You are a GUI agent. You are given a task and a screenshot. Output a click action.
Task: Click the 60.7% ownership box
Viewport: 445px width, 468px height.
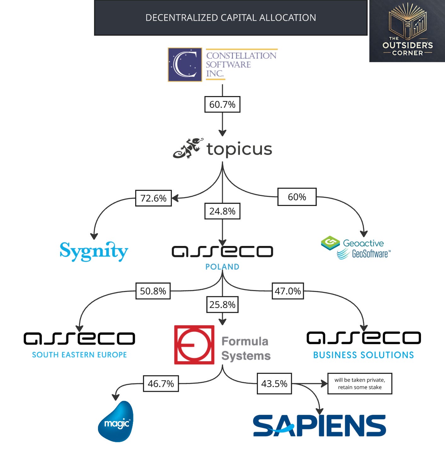pos(222,104)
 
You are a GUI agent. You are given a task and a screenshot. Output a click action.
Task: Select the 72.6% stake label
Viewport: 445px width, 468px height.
pos(153,198)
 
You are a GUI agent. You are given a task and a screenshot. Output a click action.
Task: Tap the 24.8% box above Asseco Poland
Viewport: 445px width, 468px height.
pos(222,211)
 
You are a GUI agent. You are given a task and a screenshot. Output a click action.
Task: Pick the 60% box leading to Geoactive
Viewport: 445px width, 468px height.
pos(297,197)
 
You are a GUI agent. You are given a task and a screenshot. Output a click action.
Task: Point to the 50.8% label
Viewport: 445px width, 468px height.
pos(153,291)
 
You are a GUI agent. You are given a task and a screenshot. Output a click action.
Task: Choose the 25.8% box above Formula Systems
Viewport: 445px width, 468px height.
pos(222,305)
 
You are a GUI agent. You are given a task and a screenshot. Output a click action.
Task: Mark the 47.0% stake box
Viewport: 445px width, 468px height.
pos(288,291)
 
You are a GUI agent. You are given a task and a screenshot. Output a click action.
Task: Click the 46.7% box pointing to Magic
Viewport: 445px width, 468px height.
pos(161,384)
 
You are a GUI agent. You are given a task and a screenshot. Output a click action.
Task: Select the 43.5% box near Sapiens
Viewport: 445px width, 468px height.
pos(274,384)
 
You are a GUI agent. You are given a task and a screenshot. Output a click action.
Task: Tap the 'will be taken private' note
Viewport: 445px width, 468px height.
pos(360,384)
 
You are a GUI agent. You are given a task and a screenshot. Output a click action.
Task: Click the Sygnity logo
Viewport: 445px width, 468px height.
pos(94,251)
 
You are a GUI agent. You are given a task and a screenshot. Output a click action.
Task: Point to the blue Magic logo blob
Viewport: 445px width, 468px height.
pos(116,421)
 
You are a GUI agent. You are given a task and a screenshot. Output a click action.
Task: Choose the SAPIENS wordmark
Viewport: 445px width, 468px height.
pos(319,425)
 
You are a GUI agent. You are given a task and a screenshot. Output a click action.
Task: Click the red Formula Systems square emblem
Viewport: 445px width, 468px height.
pos(194,345)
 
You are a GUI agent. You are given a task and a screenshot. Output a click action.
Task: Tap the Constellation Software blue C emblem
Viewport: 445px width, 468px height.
pos(185,65)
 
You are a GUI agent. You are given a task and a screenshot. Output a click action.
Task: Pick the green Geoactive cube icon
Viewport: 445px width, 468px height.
pos(330,243)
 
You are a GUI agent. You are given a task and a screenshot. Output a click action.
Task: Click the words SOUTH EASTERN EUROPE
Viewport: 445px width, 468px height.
pos(79,355)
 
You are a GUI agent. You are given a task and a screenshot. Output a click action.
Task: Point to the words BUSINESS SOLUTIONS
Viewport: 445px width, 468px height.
pos(363,355)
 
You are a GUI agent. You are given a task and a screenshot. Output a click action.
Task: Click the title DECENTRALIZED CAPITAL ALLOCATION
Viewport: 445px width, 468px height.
pos(231,18)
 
